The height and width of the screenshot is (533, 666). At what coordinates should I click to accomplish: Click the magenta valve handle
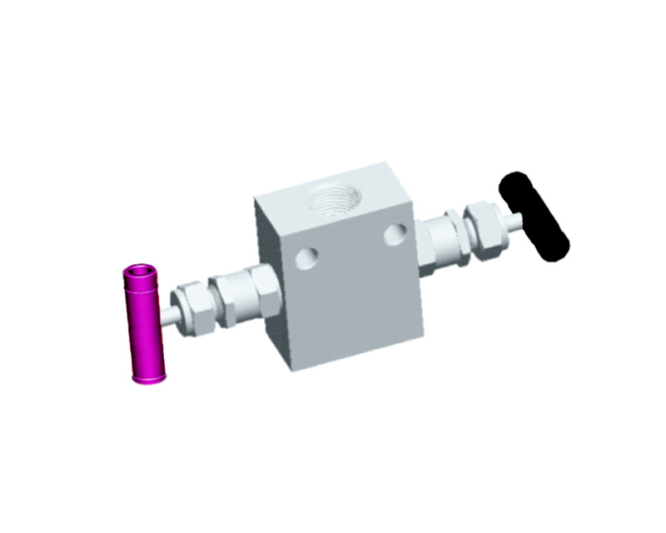click(145, 325)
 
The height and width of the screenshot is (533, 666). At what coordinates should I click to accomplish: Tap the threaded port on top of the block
click(333, 199)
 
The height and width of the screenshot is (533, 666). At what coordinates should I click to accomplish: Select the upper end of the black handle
click(513, 182)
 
